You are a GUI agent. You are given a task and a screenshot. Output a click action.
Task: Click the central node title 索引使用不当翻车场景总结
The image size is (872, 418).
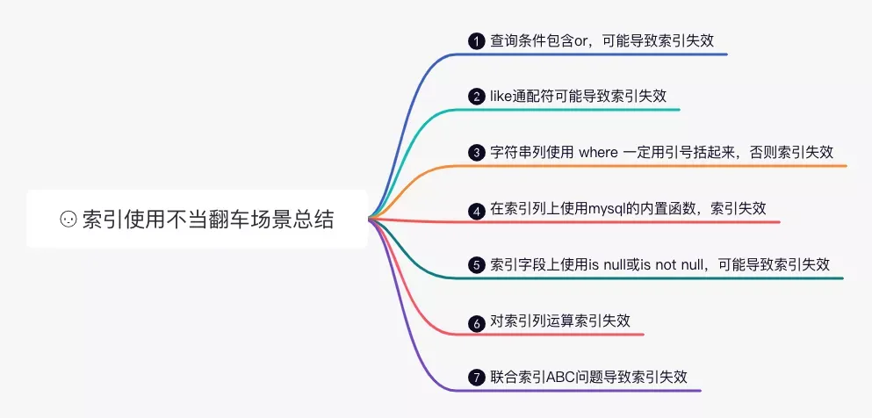tap(208, 220)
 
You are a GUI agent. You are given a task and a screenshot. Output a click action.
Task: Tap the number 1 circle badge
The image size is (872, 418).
tap(477, 41)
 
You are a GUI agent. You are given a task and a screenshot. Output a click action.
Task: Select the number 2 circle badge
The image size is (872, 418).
tap(477, 97)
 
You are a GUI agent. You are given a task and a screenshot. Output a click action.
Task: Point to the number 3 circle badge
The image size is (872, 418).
tap(477, 153)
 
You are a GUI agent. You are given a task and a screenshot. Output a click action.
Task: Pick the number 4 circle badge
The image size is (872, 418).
tap(477, 210)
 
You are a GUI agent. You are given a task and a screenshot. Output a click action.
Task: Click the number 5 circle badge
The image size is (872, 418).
tap(477, 265)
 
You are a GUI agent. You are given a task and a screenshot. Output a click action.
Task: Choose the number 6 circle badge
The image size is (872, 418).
tap(477, 322)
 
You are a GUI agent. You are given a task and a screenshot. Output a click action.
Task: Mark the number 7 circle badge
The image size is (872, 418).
tap(477, 378)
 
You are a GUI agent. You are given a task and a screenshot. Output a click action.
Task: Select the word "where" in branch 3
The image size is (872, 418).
tap(599, 152)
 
